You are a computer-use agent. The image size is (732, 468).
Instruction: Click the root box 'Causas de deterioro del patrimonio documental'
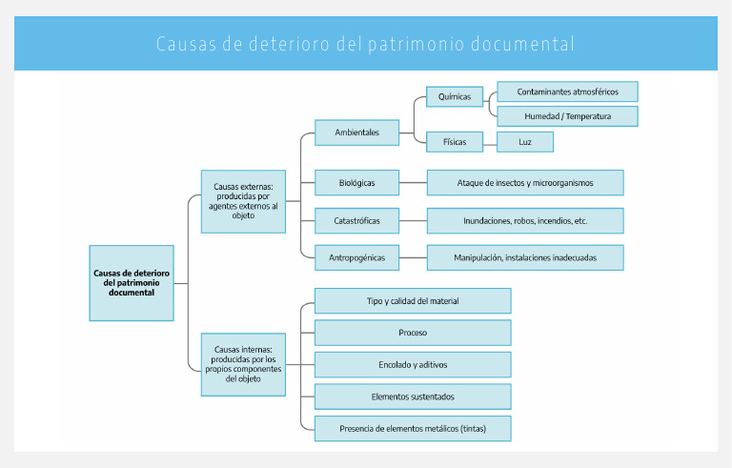pos(132,283)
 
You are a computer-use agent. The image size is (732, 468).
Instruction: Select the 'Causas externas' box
pos(243,201)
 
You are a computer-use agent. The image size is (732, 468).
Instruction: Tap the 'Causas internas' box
pos(243,364)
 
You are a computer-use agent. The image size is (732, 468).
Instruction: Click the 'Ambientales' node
pos(357,132)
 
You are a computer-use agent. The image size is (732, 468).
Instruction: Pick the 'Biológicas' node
pos(357,182)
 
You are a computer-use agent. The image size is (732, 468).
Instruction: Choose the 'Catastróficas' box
pos(357,220)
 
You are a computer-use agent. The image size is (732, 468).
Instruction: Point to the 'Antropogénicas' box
pos(357,257)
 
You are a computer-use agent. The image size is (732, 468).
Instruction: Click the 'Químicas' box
pos(455,96)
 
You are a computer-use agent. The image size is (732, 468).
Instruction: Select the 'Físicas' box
pos(455,142)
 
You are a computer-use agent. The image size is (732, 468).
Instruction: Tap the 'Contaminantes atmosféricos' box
pos(567,92)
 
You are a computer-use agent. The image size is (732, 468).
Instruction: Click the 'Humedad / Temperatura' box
pos(567,116)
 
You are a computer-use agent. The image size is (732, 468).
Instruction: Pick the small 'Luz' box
pos(524,142)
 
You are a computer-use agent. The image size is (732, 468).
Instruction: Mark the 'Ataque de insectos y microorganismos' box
pos(525,182)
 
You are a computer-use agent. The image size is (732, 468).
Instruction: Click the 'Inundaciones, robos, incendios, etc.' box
pos(525,220)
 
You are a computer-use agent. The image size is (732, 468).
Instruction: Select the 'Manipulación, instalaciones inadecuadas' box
pos(525,257)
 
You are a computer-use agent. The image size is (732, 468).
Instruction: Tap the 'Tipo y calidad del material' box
pos(413,301)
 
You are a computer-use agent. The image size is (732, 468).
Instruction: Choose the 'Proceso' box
pos(413,333)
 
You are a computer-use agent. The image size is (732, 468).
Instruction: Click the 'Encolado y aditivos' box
pos(413,364)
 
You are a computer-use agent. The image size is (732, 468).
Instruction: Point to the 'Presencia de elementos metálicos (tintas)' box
pos(413,428)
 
